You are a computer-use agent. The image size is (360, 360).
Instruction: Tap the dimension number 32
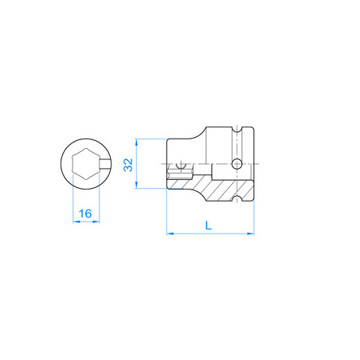pos(127,165)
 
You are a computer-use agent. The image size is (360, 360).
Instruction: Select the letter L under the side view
pos(209,225)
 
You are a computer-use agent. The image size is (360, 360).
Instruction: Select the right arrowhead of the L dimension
pos(256,234)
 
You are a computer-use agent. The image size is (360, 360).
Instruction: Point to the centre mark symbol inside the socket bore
pos(181,167)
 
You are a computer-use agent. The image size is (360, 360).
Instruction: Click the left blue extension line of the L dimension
pos(166,215)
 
